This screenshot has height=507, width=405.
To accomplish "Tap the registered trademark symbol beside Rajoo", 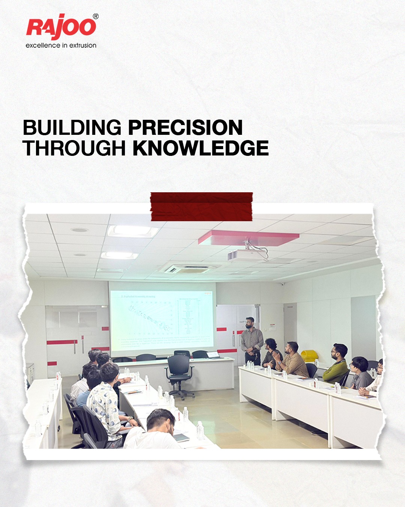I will (x=96, y=17).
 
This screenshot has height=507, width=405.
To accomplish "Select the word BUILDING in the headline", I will (x=72, y=128).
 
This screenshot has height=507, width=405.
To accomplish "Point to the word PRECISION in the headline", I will (x=186, y=128).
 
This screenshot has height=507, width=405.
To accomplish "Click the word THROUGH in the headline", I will (x=74, y=148).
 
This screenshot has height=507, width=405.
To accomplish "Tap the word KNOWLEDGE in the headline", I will (x=201, y=148).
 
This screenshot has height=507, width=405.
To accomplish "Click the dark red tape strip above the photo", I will (x=201, y=207).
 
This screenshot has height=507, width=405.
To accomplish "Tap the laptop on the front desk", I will (x=212, y=354).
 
